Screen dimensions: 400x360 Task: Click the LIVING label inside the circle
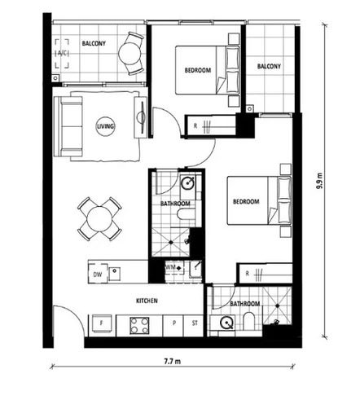(x=105, y=127)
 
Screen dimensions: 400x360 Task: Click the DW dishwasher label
(x=98, y=274)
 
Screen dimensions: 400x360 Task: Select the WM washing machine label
(x=170, y=267)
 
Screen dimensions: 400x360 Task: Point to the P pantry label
(x=173, y=324)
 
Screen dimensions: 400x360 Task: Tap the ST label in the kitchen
(x=193, y=324)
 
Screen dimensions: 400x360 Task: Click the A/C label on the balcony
(x=63, y=55)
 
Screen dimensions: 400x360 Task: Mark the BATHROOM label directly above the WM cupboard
(x=175, y=203)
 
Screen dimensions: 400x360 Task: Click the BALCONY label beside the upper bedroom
(x=269, y=66)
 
